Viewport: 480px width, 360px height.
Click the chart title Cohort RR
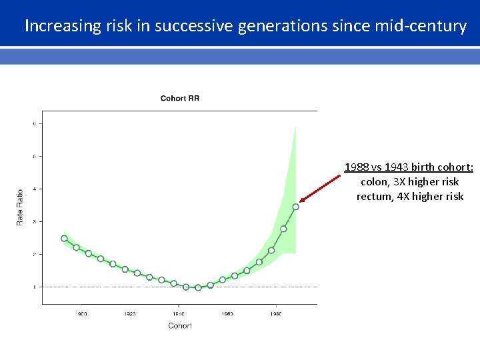pyautogui.click(x=179, y=99)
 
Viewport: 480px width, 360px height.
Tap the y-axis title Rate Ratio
pyautogui.click(x=19, y=207)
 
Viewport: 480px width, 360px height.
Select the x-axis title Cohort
pyautogui.click(x=179, y=325)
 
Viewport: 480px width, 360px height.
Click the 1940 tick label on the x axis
pyautogui.click(x=178, y=313)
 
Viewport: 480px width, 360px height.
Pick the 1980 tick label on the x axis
pyautogui.click(x=276, y=313)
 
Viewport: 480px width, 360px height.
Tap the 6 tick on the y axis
pyautogui.click(x=34, y=123)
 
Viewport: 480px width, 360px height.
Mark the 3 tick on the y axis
pyautogui.click(x=34, y=221)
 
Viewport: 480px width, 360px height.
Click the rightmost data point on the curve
pyautogui.click(x=295, y=207)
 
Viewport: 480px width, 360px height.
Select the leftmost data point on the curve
pyautogui.click(x=64, y=238)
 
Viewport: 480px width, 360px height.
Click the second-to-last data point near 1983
pyautogui.click(x=283, y=229)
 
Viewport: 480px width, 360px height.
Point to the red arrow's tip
pyautogui.click(x=301, y=201)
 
